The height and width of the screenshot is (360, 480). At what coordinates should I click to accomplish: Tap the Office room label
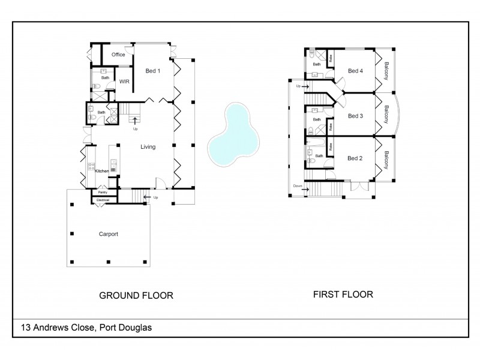118,55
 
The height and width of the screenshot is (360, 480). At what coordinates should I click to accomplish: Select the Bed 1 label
153,70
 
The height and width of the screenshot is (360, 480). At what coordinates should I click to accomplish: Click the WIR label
125,81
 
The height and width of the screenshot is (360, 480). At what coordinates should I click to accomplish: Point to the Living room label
149,146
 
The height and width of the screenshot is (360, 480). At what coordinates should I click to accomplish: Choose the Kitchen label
102,172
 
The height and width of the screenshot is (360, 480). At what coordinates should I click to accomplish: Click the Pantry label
103,193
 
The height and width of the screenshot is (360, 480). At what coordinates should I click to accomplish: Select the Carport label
109,234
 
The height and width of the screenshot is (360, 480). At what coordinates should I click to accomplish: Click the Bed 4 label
356,71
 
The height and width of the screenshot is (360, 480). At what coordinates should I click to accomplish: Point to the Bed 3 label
356,115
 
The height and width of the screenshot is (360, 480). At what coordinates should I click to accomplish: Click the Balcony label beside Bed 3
386,115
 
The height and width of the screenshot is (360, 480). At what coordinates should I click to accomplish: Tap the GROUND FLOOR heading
136,295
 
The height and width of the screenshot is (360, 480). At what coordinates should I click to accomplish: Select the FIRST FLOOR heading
343,295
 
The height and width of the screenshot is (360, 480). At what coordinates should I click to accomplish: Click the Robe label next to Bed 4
331,59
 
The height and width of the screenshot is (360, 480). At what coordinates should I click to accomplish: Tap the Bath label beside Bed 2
319,156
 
